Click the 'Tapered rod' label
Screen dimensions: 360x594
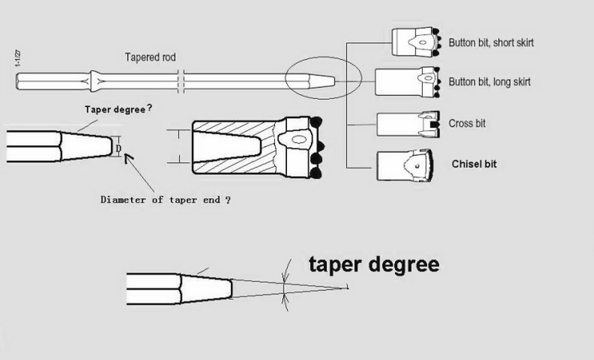(149, 58)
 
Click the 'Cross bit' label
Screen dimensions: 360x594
(468, 124)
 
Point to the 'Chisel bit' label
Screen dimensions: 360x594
(474, 163)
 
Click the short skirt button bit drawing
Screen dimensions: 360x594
(415, 43)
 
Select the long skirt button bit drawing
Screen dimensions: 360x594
(405, 82)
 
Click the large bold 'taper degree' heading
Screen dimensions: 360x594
(374, 265)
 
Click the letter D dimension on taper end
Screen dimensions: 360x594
(118, 149)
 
